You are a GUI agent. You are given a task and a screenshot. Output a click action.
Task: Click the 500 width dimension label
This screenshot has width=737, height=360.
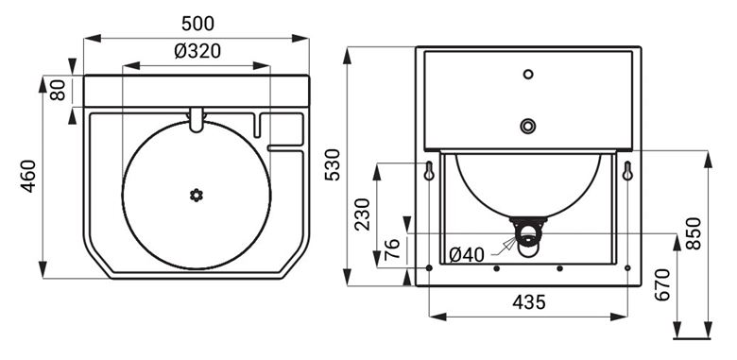point(197,24)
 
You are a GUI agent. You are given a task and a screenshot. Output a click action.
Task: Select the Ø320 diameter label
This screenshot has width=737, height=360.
point(197,51)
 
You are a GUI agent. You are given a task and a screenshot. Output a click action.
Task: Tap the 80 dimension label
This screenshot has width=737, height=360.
point(58,90)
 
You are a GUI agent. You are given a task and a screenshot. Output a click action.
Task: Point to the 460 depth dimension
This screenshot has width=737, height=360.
point(28,177)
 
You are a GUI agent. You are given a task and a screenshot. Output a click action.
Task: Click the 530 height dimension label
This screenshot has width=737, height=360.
point(333,164)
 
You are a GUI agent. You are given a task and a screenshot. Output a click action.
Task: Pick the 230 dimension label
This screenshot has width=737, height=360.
point(362,214)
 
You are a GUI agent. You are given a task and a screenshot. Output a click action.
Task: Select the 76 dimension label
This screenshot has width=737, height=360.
point(392,249)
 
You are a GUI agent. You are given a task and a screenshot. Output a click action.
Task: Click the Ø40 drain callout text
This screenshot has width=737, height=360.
point(466,255)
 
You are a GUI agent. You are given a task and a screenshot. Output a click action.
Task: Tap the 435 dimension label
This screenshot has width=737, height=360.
point(529,302)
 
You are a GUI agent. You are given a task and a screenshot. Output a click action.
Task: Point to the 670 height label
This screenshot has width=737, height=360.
point(662,284)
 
